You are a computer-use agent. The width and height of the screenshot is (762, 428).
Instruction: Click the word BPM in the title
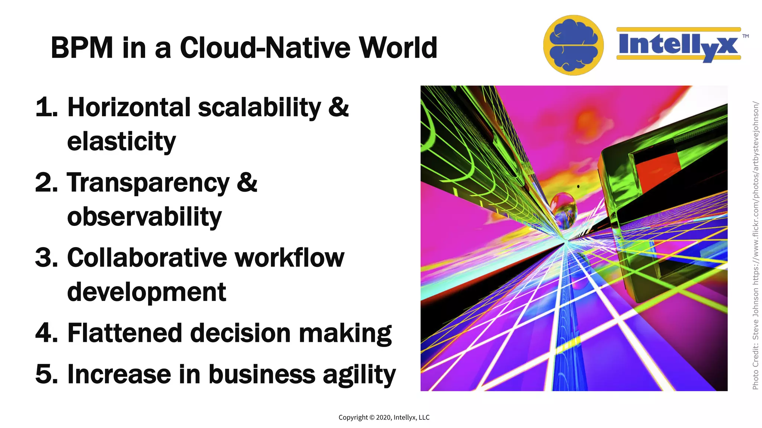click(82, 48)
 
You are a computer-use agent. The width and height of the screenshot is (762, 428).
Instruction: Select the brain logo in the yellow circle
click(573, 45)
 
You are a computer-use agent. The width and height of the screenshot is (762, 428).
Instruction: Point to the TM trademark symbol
click(745, 36)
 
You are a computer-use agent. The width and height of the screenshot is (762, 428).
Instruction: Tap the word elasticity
click(121, 142)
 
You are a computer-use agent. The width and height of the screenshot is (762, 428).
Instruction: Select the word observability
click(144, 217)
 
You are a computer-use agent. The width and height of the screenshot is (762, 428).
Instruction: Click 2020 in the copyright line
click(383, 418)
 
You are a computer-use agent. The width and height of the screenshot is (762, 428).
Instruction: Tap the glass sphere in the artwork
click(563, 210)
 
